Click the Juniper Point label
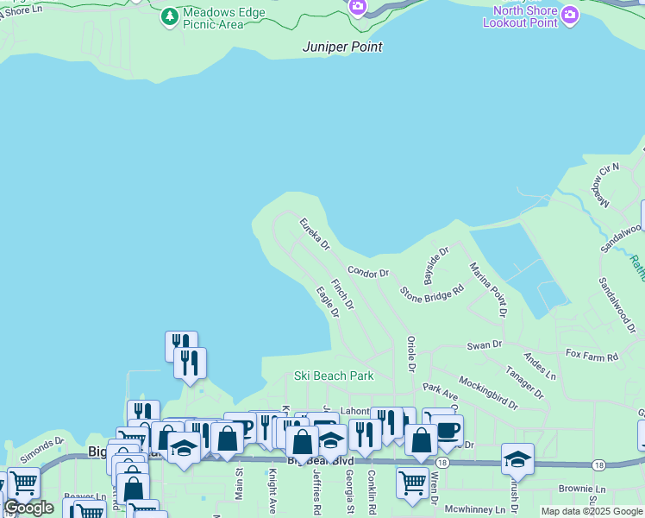[342, 47]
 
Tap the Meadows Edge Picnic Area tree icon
[170, 16]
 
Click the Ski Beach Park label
[334, 376]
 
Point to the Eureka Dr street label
[315, 234]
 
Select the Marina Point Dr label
[487, 288]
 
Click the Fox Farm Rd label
[592, 356]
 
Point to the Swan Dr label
[484, 345]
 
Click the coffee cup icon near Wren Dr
[447, 430]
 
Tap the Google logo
[28, 508]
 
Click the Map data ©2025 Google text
[592, 511]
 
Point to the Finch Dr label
[342, 294]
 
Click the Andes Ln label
[540, 364]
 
